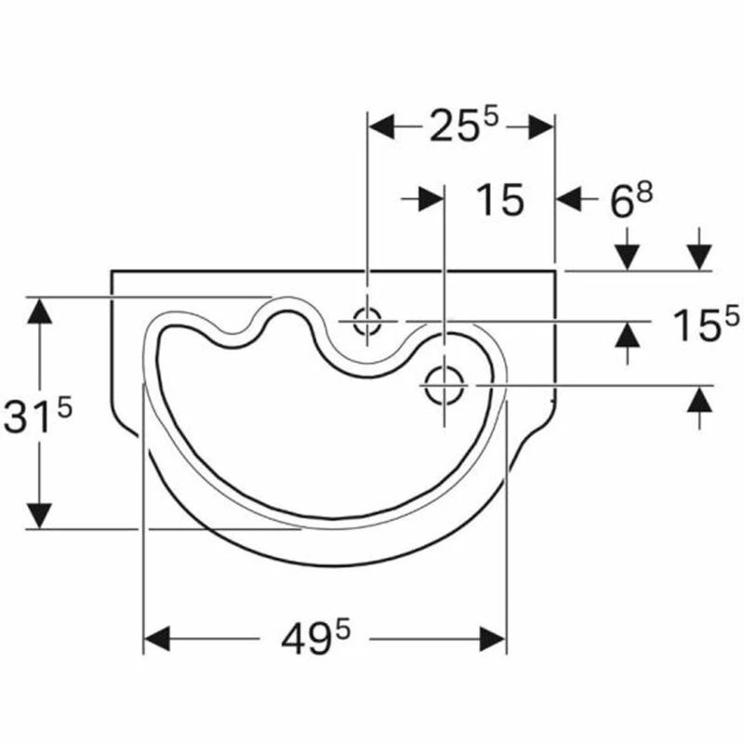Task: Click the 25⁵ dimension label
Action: coord(463,126)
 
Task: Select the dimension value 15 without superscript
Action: coord(499,200)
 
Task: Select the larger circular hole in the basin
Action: coord(444,384)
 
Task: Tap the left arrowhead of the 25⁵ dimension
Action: coord(383,127)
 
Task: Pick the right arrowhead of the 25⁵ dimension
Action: coord(541,127)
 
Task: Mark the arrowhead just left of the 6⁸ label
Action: coord(569,199)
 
